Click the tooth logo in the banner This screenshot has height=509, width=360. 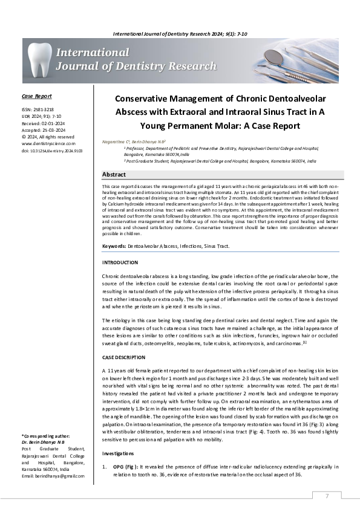click(38, 60)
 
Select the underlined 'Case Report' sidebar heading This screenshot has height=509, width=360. click(37, 96)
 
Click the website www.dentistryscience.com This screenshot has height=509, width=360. click(48, 143)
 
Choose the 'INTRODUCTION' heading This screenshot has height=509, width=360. click(120, 263)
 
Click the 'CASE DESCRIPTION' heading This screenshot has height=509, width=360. click(123, 357)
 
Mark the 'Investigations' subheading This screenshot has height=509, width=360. click(119, 453)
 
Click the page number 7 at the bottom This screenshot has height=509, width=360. click(327, 496)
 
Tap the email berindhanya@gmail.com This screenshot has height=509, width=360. click(53, 476)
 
